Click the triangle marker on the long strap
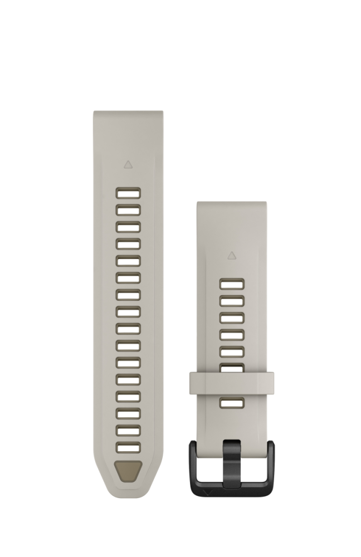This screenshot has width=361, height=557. click(x=128, y=164)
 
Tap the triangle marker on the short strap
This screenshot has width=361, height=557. click(x=232, y=255)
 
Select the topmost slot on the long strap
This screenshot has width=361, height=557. click(x=128, y=193)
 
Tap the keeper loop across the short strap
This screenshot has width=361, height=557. click(x=232, y=383)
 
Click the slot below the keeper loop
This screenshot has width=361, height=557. click(x=232, y=403)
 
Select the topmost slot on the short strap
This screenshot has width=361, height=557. click(x=232, y=284)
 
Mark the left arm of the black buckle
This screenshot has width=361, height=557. click(x=193, y=465)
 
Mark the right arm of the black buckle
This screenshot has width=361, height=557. click(x=270, y=465)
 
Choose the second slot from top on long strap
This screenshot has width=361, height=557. click(x=128, y=210)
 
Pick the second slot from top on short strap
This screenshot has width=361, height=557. click(x=232, y=301)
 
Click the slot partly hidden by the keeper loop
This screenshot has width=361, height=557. click(x=232, y=367)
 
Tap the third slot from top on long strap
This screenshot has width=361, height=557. click(x=128, y=227)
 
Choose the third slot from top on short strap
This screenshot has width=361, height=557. click(x=232, y=317)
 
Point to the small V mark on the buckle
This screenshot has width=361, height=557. click(x=207, y=492)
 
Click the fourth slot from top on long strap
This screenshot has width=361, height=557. click(x=128, y=244)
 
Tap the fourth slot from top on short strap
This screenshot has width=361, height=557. click(x=232, y=335)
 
